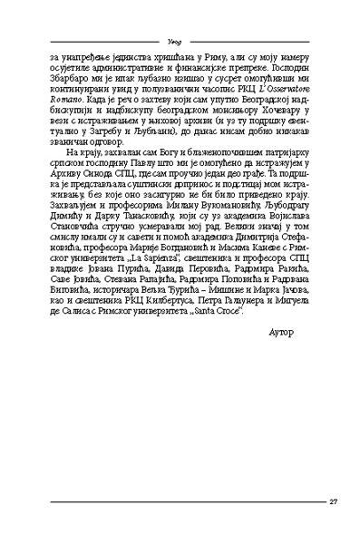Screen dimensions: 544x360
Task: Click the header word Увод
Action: click(x=179, y=40)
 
